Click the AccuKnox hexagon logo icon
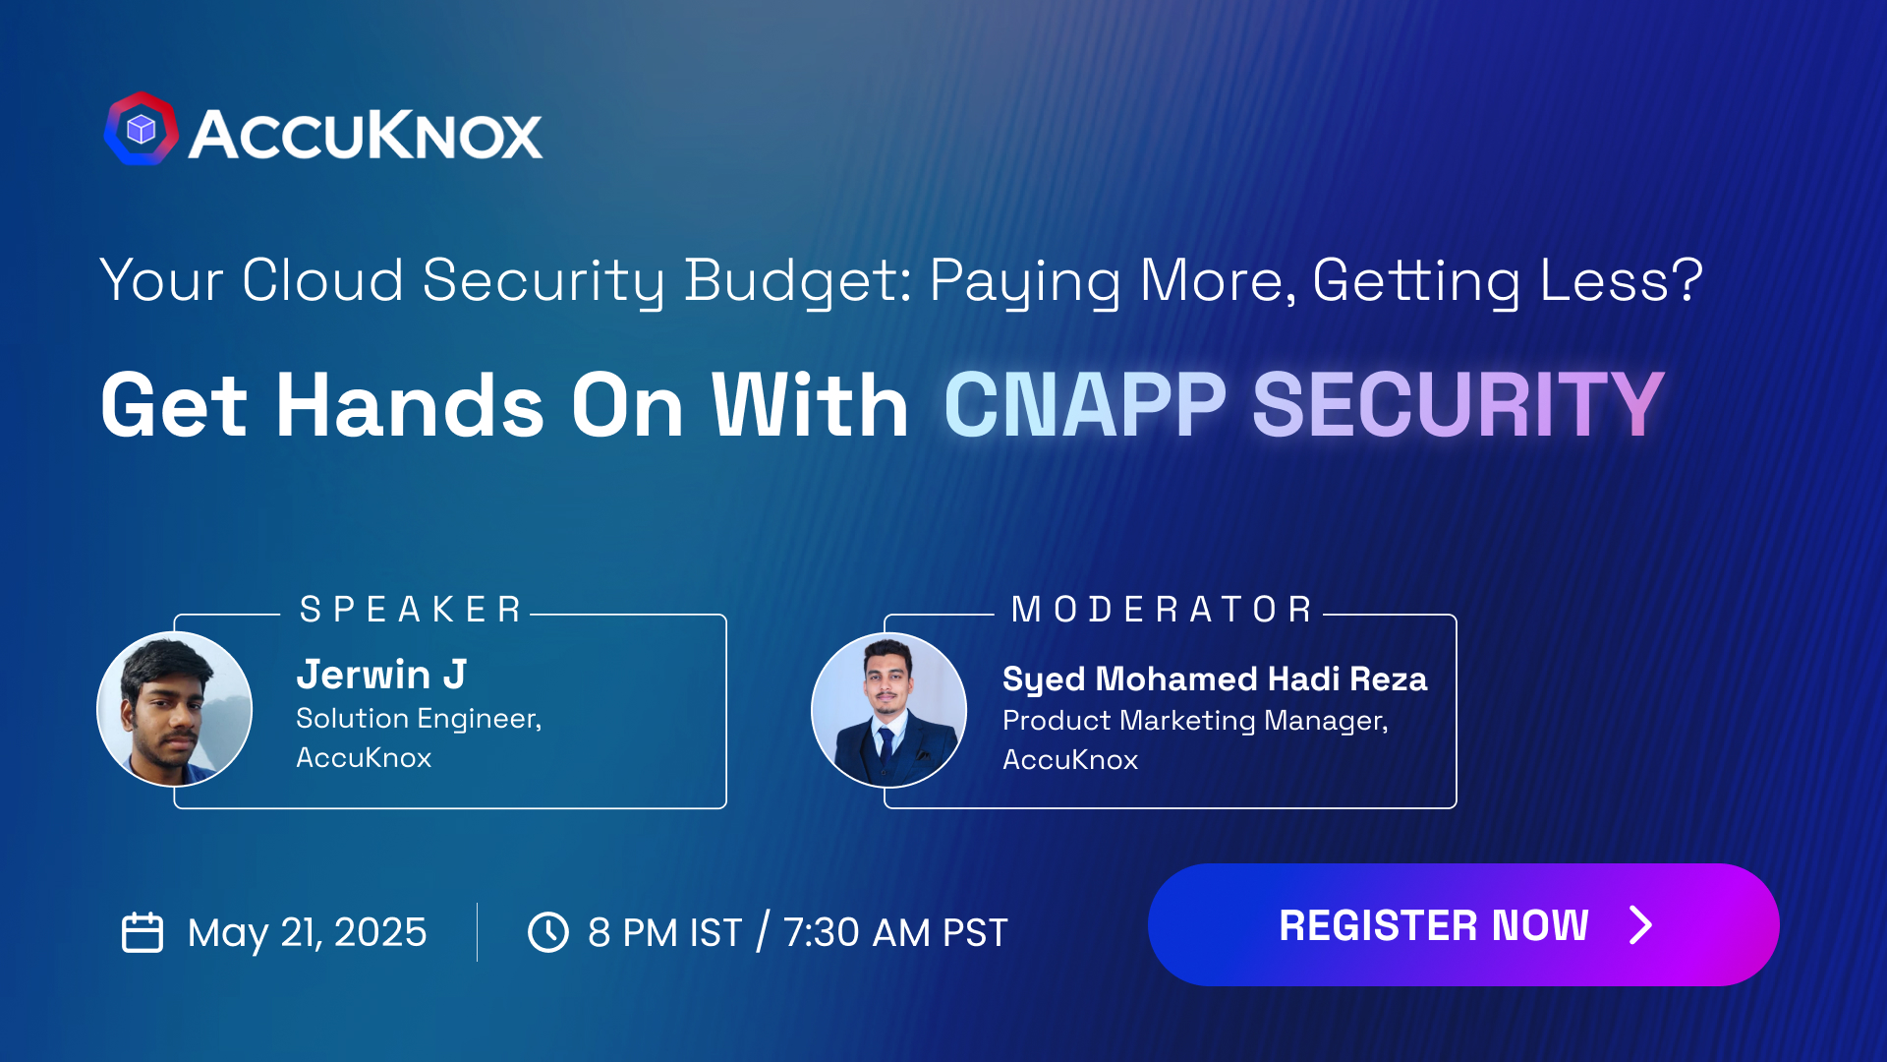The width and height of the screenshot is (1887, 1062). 142,130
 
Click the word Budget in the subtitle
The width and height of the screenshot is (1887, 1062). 797,281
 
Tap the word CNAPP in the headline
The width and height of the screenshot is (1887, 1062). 1085,405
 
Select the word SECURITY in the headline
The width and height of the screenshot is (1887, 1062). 1458,405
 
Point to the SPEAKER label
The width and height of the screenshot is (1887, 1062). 411,610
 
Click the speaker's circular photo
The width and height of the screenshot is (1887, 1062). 175,709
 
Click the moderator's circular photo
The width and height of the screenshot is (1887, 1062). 888,710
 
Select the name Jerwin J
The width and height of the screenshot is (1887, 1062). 381,675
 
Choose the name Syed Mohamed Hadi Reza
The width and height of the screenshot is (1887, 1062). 1214,678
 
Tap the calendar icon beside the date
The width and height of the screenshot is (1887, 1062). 143,932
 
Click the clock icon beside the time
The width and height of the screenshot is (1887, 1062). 548,932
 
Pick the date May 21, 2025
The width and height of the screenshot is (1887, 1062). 307,932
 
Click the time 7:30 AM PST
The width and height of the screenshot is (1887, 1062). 895,932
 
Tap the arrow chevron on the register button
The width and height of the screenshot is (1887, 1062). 1640,925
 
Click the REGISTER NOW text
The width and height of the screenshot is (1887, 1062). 1433,925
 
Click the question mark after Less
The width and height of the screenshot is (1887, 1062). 1689,280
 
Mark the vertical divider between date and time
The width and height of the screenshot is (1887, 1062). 477,932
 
